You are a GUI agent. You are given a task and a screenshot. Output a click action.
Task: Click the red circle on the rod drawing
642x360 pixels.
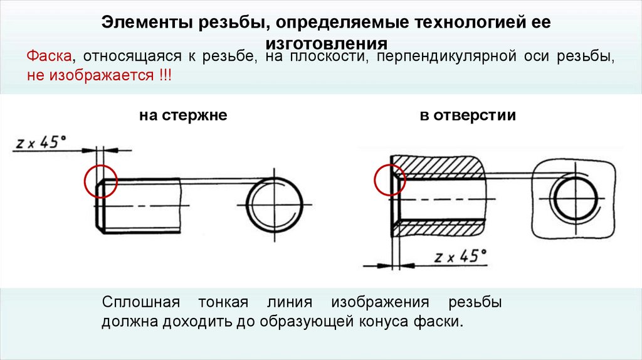point(100,182)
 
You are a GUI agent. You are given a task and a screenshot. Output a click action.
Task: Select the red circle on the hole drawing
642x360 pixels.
point(390,180)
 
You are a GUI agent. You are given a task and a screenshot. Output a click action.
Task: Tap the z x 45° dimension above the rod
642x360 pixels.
point(43,142)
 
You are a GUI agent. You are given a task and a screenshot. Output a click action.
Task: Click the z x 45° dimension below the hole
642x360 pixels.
point(460,257)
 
